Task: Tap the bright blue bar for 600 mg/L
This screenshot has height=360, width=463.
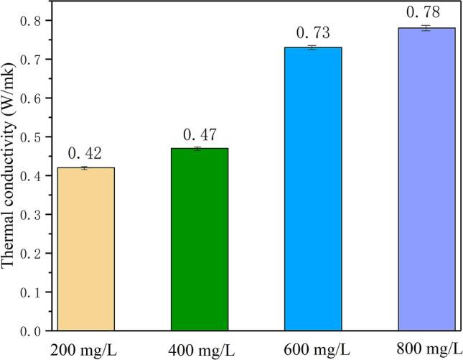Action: [x=313, y=189]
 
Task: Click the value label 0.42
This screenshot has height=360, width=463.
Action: [x=85, y=153]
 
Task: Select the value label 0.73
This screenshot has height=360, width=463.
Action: [x=313, y=33]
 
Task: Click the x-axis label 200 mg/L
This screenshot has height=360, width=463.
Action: [x=82, y=349]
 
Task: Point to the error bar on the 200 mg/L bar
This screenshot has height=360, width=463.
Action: [x=85, y=167]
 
